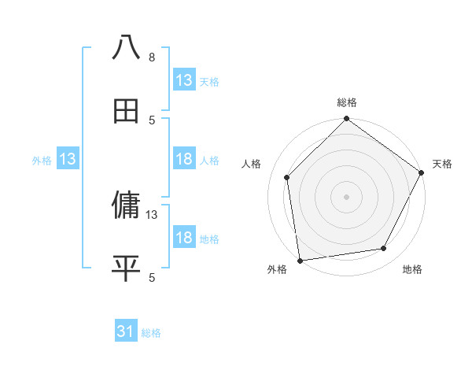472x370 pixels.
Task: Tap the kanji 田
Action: [x=126, y=111]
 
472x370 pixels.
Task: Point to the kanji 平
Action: [x=126, y=268]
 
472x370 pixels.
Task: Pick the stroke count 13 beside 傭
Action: [x=153, y=214]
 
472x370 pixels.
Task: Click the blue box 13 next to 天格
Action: [x=184, y=80]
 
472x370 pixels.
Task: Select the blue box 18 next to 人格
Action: [x=184, y=160]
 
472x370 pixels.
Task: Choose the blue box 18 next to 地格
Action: [x=184, y=238]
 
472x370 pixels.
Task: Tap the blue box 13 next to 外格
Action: [x=68, y=160]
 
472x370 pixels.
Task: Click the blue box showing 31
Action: [x=126, y=332]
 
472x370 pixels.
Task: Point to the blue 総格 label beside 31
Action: [x=152, y=333]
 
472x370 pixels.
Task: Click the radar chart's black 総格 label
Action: [x=347, y=102]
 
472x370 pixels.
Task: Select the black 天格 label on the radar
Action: [x=442, y=164]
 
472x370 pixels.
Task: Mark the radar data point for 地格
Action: [x=384, y=248]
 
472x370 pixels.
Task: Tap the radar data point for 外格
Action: [x=300, y=260]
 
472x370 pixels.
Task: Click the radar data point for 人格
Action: [x=287, y=177]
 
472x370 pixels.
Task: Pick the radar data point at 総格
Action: [x=346, y=120]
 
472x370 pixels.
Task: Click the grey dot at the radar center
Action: [x=346, y=196]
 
